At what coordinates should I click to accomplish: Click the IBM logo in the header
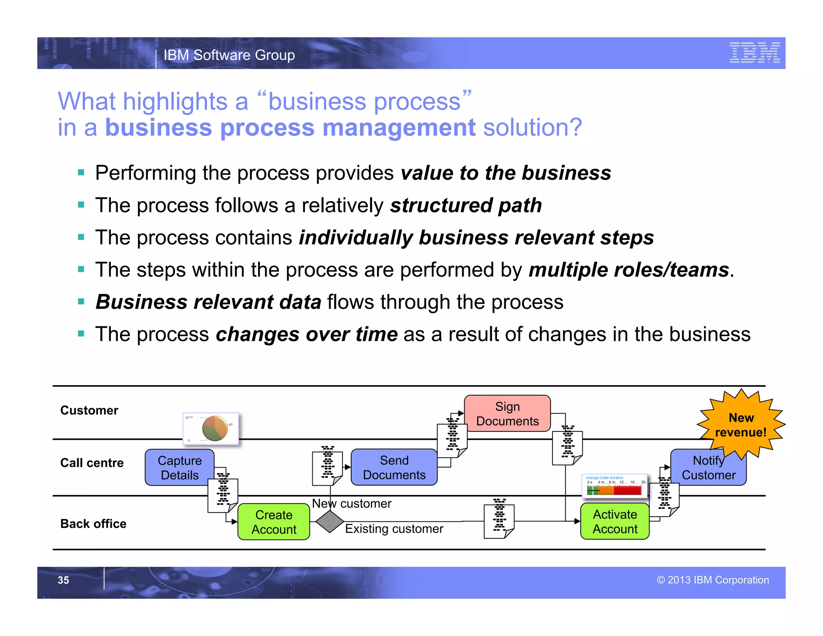tap(754, 53)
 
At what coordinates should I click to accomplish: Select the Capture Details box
tap(179, 468)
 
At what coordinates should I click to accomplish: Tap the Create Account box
tap(274, 522)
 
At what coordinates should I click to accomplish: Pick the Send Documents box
tap(394, 467)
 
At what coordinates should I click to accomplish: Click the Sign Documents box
tap(507, 413)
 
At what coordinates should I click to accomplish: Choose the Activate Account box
tap(615, 521)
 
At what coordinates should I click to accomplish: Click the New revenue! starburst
tap(741, 425)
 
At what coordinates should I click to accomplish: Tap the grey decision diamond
tap(330, 521)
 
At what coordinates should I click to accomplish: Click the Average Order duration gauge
tap(614, 485)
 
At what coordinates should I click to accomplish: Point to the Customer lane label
tap(89, 410)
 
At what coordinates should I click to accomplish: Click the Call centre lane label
tap(92, 463)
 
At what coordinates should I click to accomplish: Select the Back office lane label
tap(93, 523)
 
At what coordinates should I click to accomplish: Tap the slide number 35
tap(63, 580)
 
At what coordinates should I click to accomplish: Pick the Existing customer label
tap(394, 528)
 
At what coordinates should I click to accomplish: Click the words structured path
tap(466, 205)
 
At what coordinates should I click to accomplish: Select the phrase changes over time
tap(307, 334)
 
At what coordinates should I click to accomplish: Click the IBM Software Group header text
tap(229, 55)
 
